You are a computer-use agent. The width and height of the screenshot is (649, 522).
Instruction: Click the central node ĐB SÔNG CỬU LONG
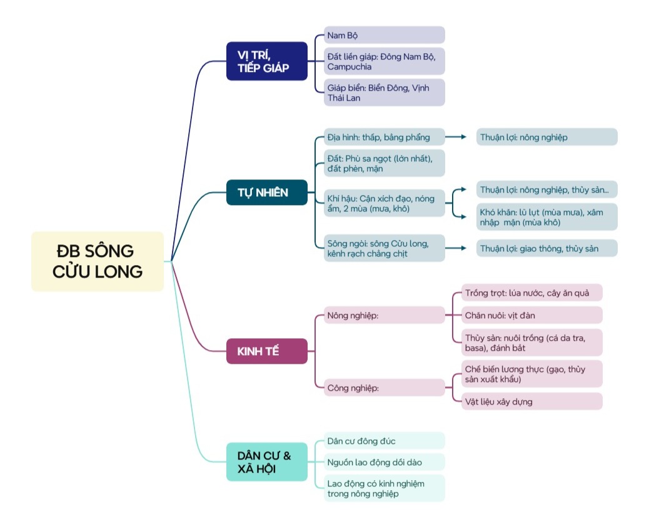(98, 261)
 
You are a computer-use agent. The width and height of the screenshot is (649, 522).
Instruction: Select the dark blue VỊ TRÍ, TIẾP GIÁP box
(266, 61)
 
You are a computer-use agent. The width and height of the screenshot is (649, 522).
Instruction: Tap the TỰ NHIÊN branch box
(266, 193)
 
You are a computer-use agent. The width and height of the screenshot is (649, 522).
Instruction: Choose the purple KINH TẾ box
(266, 351)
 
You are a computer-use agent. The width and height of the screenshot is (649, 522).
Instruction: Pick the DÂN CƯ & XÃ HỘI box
(266, 462)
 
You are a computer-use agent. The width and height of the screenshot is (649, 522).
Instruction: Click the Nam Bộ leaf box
(384, 35)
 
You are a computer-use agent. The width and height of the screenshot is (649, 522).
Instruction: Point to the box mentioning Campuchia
(384, 61)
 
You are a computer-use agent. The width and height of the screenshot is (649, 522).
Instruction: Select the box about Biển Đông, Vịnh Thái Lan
(384, 93)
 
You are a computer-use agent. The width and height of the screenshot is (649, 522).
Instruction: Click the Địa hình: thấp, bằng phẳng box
(384, 137)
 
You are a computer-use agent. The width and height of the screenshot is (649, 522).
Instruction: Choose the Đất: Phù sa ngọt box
(384, 163)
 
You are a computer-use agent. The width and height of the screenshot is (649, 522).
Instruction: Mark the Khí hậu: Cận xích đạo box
(384, 203)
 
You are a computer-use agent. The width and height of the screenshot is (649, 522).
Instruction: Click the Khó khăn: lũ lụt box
(546, 217)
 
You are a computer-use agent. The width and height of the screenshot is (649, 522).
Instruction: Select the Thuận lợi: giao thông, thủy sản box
(546, 248)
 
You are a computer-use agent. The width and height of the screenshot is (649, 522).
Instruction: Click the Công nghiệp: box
(384, 388)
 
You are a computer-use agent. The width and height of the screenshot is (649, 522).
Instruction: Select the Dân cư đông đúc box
(384, 441)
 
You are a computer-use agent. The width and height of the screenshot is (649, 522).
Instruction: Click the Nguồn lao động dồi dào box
(384, 462)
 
